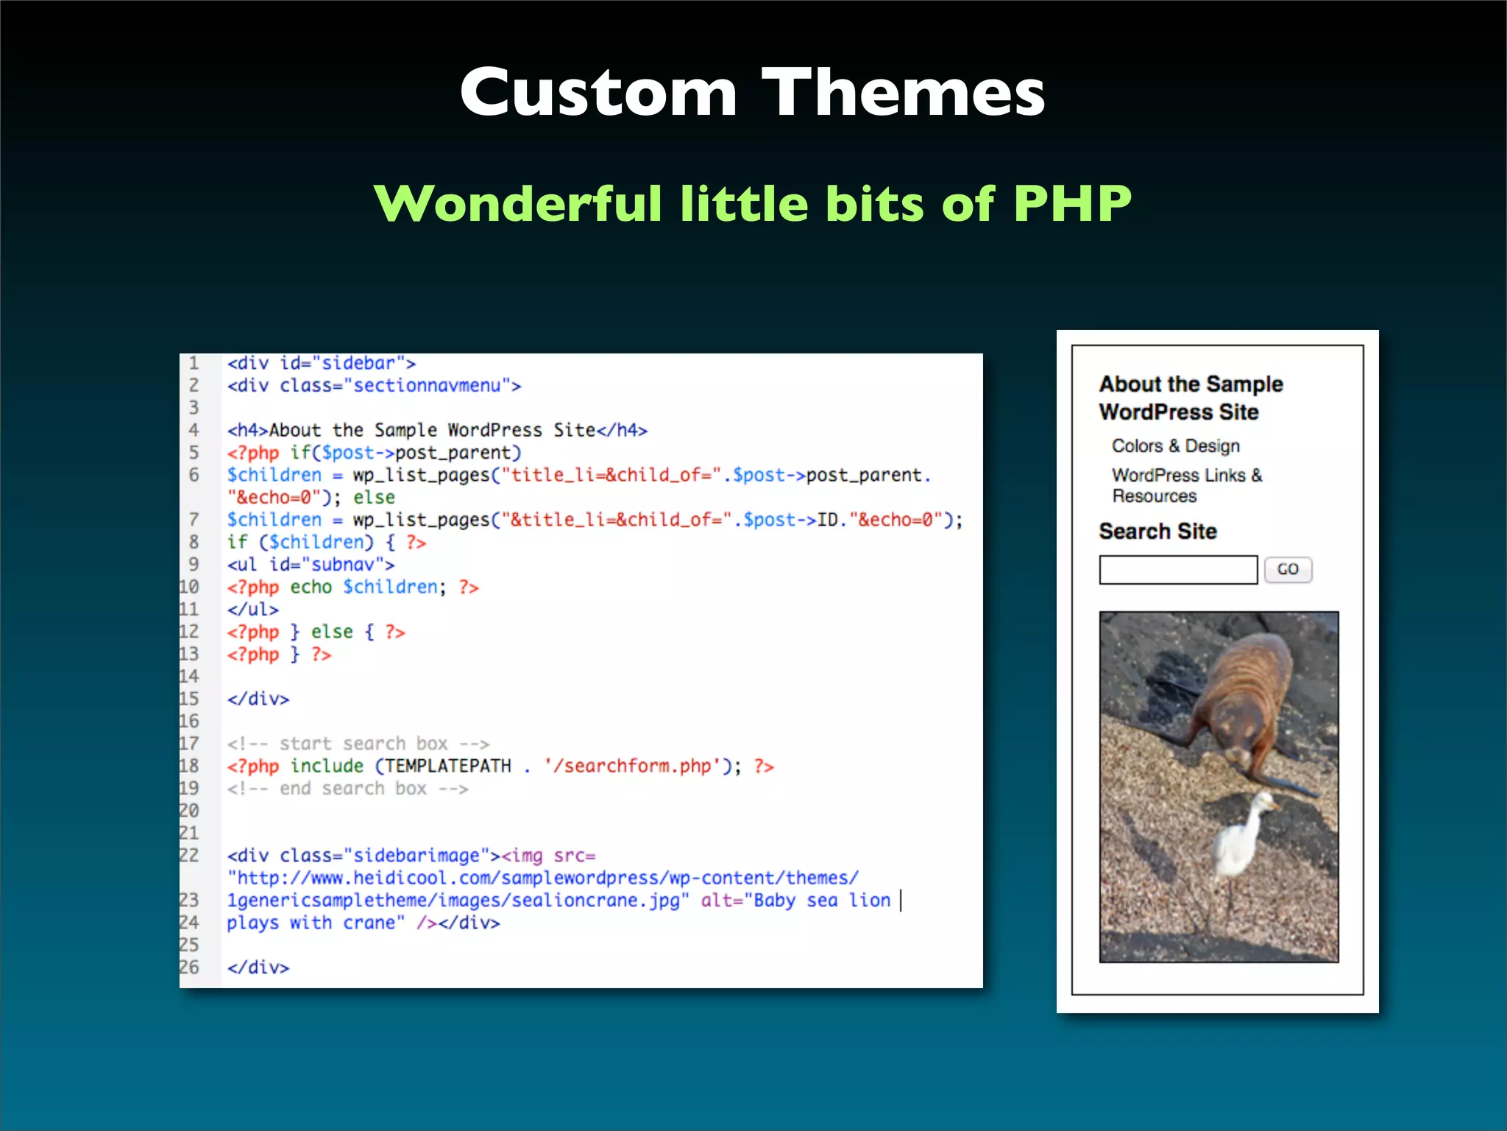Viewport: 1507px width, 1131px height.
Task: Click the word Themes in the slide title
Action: tap(903, 93)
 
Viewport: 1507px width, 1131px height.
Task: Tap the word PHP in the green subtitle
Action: tap(1071, 203)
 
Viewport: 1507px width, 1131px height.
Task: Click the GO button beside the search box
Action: tap(1288, 569)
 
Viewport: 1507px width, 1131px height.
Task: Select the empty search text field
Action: tap(1177, 570)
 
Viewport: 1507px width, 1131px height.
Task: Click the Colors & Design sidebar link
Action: tap(1175, 446)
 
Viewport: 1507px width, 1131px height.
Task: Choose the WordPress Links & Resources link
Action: tap(1186, 485)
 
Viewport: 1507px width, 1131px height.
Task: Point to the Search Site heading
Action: tap(1157, 531)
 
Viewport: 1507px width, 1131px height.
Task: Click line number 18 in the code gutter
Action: tap(189, 766)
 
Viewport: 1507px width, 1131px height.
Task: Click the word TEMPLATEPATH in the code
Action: tap(447, 766)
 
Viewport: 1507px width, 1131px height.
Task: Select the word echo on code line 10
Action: tap(311, 587)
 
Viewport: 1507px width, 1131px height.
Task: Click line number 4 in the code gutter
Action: tap(194, 430)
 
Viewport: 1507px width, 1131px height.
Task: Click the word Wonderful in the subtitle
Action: tap(517, 203)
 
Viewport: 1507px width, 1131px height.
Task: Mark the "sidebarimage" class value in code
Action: tap(416, 856)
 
